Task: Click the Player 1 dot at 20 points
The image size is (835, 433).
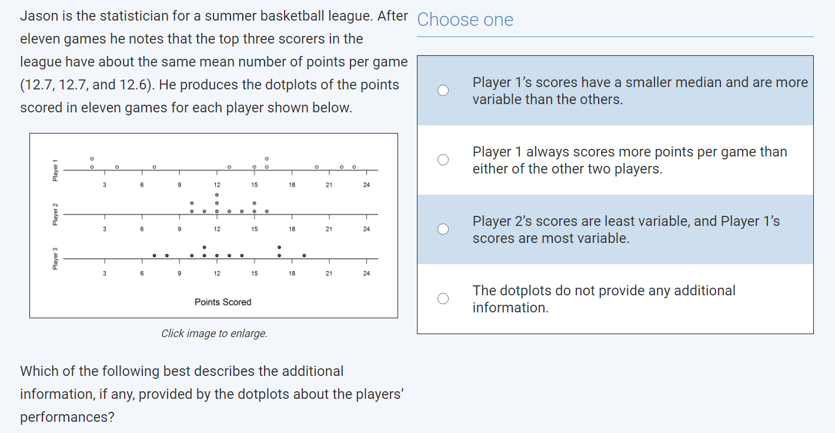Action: [316, 167]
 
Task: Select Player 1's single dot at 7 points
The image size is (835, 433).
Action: [154, 167]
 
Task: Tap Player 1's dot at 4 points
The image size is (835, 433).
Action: [116, 167]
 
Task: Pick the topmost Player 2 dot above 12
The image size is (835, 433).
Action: [217, 194]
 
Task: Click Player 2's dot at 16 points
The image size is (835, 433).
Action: [266, 211]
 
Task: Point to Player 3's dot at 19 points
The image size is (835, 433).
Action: [304, 255]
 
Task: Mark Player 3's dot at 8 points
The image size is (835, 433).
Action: [167, 255]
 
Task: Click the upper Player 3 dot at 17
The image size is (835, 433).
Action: [279, 247]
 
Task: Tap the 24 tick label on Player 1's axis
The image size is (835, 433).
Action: [366, 185]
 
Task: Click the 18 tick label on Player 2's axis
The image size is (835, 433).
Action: [292, 229]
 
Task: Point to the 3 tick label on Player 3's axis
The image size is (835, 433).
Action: [104, 274]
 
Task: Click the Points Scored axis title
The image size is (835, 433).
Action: [223, 302]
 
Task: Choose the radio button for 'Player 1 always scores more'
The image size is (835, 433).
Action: [443, 160]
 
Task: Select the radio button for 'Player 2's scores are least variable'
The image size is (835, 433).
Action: [443, 229]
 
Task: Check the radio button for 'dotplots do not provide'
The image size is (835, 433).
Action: [443, 299]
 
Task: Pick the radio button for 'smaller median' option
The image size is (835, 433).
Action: [443, 91]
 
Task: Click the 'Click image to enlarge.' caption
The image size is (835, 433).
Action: [214, 334]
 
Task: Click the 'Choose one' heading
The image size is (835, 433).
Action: [465, 20]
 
